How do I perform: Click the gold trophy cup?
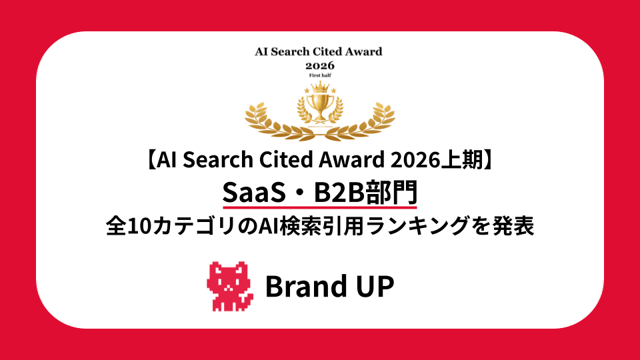click(320, 107)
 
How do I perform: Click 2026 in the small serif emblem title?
click(320, 65)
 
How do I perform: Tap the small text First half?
click(320, 76)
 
